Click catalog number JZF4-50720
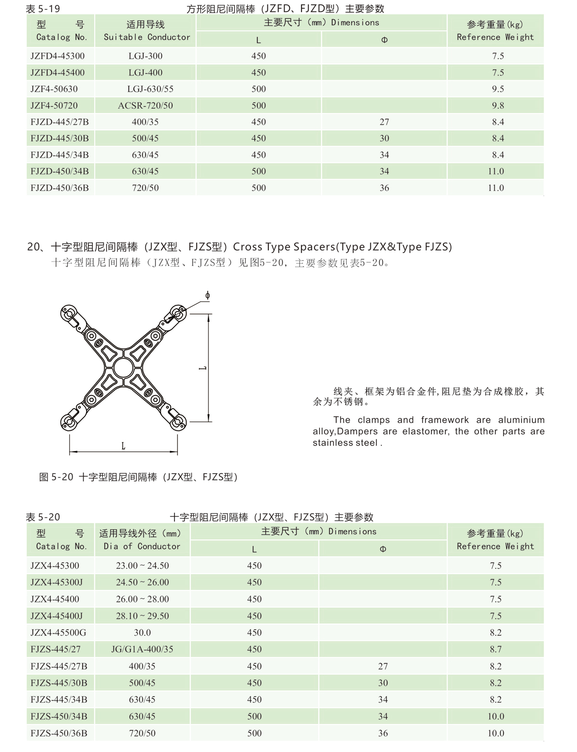point(54,105)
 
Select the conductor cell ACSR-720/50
point(145,105)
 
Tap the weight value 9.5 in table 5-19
point(498,89)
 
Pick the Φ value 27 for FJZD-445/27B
point(384,122)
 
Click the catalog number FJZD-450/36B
point(59,188)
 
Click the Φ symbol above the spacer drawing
point(207,295)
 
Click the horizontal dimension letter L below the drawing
point(123,446)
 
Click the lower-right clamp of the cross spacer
point(178,422)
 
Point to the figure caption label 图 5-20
point(56,477)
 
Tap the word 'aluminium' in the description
point(521,420)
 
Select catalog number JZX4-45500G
point(58,633)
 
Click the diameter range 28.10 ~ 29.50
point(142,616)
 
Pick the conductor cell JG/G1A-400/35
point(142,650)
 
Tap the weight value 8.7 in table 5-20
point(495,650)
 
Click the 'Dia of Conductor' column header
point(142,546)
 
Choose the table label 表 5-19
point(43,8)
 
